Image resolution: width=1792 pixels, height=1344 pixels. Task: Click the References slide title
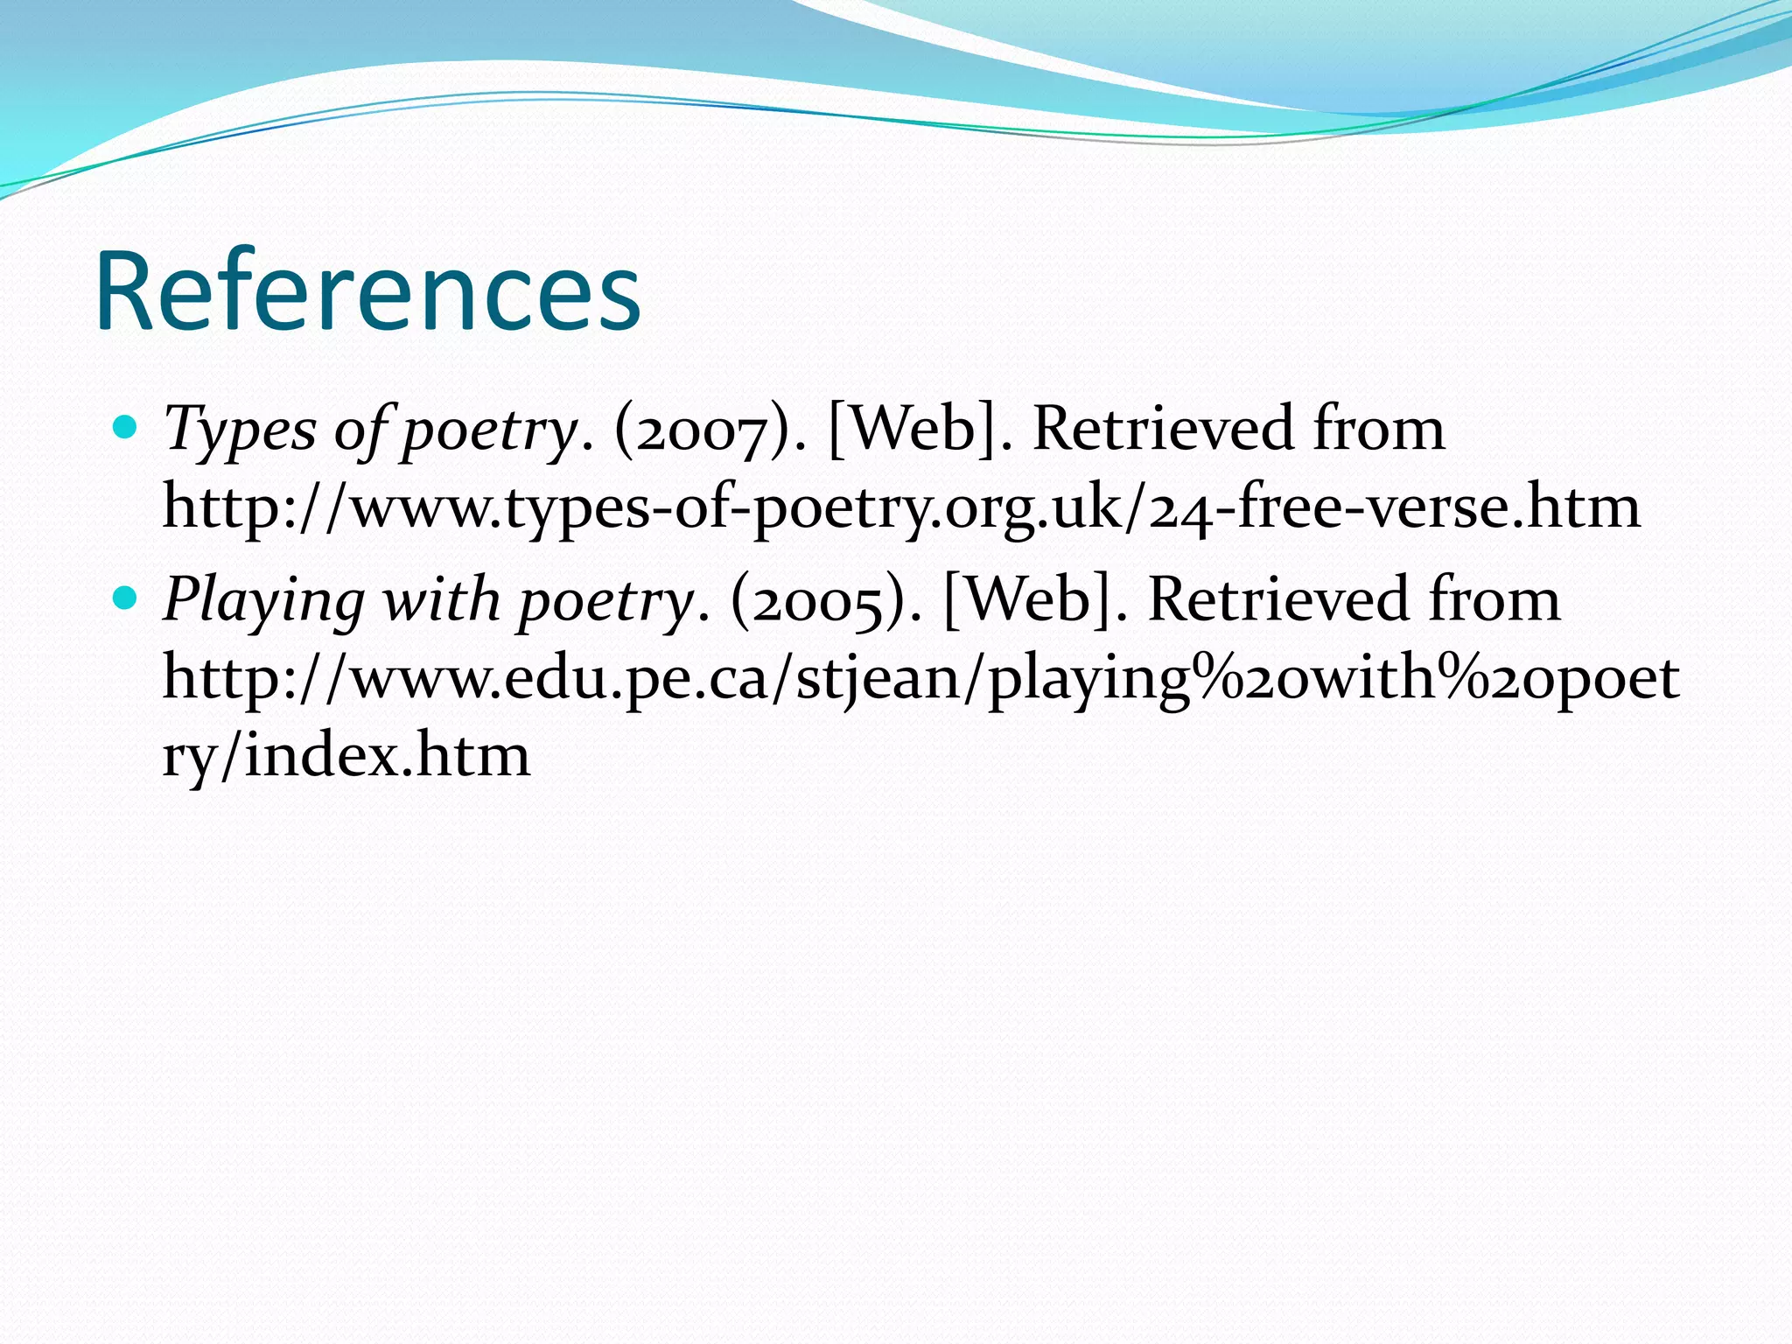(x=368, y=292)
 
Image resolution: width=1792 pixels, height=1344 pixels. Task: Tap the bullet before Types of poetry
(x=127, y=428)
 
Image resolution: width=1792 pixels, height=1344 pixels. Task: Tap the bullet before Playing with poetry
(x=127, y=598)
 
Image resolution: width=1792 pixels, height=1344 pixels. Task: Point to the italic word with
(x=441, y=601)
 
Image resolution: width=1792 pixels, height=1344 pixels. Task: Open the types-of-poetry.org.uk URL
(x=901, y=507)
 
